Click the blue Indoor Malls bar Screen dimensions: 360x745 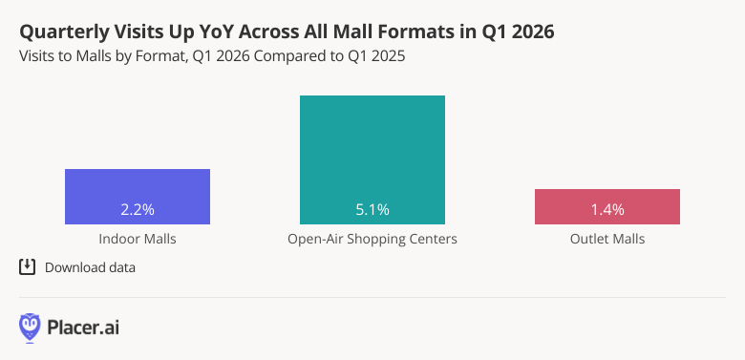(138, 186)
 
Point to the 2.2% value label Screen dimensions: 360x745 (138, 209)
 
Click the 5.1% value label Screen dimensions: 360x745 (372, 209)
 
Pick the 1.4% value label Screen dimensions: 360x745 (607, 209)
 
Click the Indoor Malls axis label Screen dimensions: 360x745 (138, 239)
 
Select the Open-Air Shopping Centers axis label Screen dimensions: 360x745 (372, 239)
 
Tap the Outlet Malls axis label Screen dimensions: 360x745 (607, 239)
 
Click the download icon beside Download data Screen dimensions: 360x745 (28, 267)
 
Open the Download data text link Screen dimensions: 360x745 (90, 267)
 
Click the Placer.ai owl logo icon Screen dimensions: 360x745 (30, 328)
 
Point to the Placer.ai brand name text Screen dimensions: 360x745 (83, 328)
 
